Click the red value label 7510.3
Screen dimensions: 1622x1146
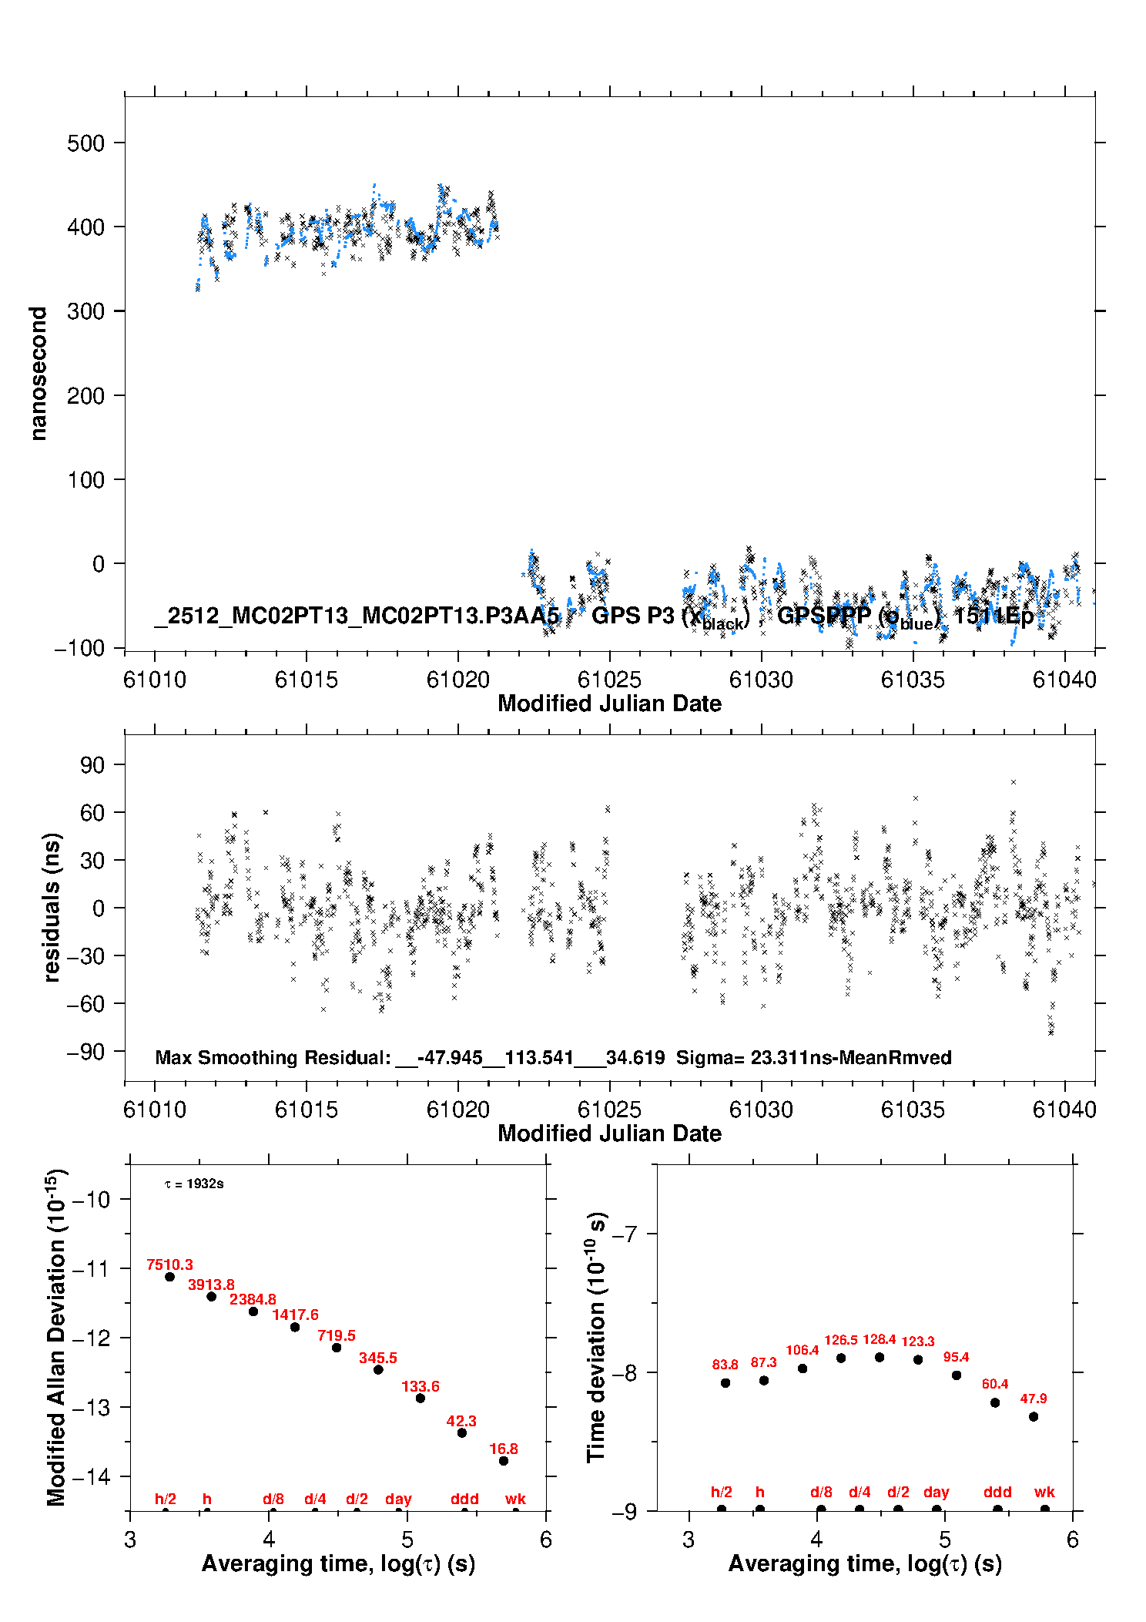click(169, 1264)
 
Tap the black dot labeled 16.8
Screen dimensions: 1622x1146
click(504, 1460)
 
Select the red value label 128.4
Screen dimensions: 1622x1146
click(879, 1339)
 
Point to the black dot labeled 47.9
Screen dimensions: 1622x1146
click(1034, 1416)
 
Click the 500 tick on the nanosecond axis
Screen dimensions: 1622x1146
click(85, 143)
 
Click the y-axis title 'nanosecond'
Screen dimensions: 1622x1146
click(38, 374)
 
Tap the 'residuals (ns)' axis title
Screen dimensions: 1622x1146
click(52, 907)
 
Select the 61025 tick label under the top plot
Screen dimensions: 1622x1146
click(609, 680)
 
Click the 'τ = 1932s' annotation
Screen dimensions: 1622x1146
click(194, 1184)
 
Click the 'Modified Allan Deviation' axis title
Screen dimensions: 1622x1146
click(56, 1337)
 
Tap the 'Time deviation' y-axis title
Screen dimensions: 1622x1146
click(597, 1337)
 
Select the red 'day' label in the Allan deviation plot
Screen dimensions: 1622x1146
click(398, 1499)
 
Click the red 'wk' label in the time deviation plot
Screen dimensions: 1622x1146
click(1044, 1492)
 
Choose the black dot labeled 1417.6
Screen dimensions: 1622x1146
click(295, 1327)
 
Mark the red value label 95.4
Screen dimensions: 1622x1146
click(956, 1357)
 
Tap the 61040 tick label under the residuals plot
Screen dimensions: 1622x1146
click(1064, 1110)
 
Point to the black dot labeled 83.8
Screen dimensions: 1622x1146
click(725, 1382)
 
